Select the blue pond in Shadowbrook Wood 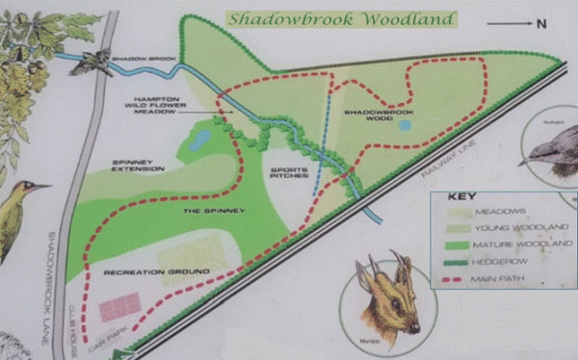coord(405,125)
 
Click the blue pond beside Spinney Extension coord(200,141)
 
